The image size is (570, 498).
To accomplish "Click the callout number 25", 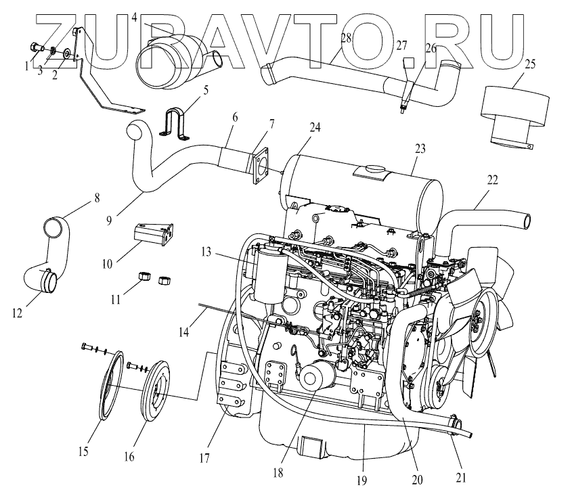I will [x=530, y=64].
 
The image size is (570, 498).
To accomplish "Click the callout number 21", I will [x=460, y=478].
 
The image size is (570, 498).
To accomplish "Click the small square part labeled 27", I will [x=406, y=62].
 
